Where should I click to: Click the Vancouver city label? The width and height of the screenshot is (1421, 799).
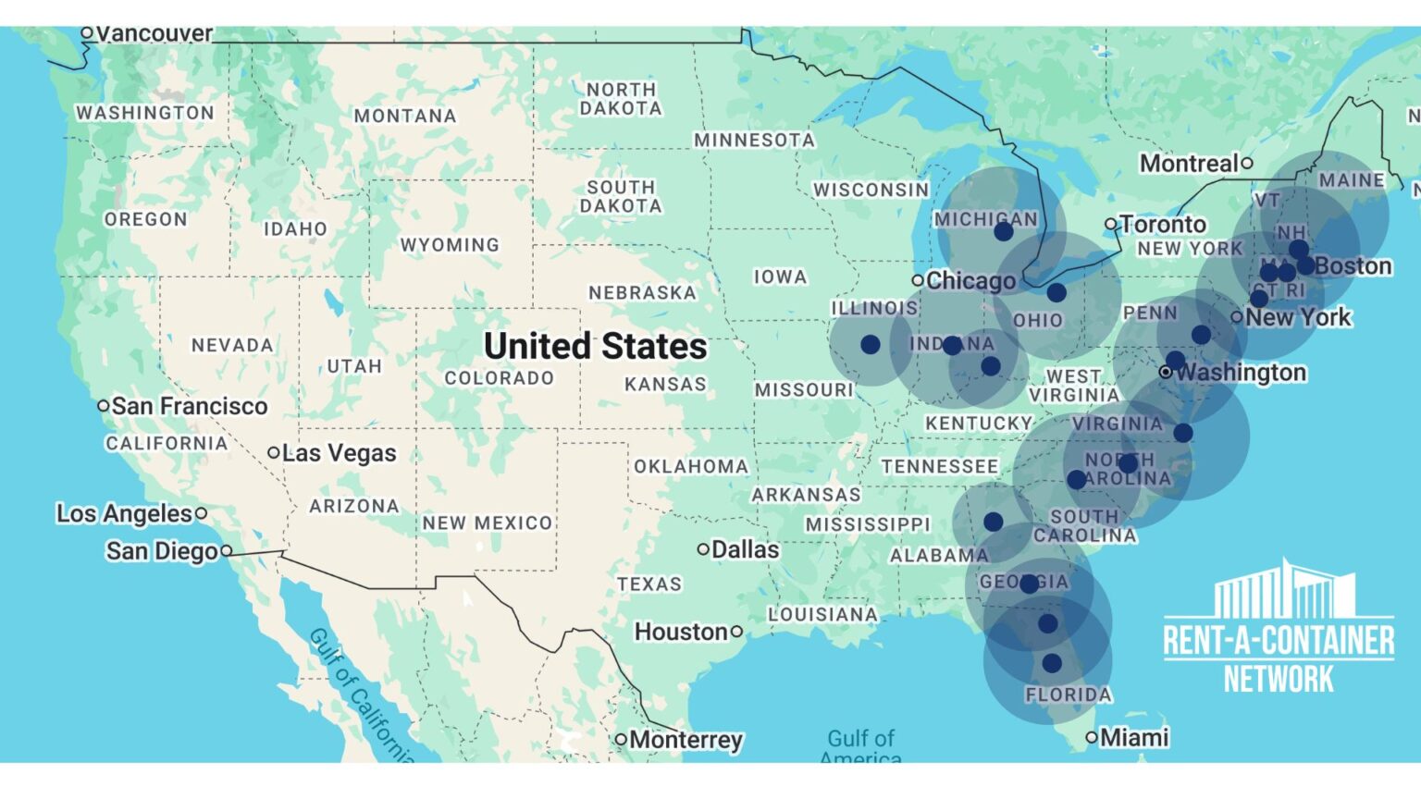click(154, 33)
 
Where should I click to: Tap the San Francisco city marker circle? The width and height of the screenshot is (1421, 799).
click(104, 406)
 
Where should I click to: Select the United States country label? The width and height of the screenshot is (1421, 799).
click(595, 346)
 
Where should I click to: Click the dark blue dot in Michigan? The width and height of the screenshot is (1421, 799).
click(1004, 232)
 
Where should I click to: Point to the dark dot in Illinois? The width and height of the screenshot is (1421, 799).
click(870, 345)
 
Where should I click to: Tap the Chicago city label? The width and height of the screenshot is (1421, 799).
click(970, 280)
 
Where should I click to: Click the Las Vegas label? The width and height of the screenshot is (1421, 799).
click(339, 453)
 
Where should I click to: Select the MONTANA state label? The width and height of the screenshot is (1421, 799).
click(405, 117)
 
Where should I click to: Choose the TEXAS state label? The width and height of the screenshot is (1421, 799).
click(649, 584)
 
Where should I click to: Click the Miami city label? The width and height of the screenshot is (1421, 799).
click(1134, 737)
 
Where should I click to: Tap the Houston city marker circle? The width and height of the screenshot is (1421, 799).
click(736, 632)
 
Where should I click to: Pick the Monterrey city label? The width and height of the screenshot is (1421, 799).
click(686, 740)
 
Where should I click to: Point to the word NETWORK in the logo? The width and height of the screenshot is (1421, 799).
click(1279, 680)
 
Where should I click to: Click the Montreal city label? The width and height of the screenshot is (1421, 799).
click(1189, 164)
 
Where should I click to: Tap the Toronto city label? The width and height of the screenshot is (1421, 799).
click(1164, 225)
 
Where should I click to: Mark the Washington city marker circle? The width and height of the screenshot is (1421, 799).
click(1166, 372)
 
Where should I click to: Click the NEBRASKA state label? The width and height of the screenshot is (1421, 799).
click(642, 293)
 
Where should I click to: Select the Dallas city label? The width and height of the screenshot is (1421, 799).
click(745, 549)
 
